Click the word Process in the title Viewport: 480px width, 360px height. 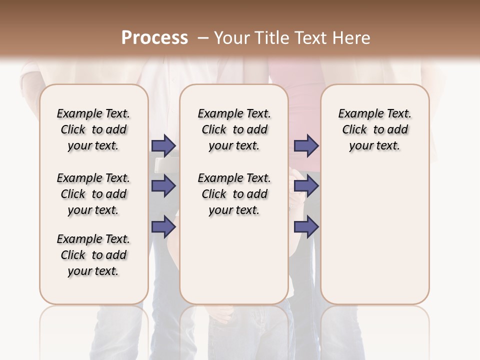tap(154, 38)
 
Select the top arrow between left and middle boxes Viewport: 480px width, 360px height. tap(163, 145)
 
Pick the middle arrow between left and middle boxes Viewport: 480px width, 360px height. tap(163, 186)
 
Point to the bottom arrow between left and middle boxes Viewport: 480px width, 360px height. tap(163, 226)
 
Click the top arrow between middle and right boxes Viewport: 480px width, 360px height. tap(306, 145)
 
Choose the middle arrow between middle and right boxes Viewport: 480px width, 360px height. tap(306, 186)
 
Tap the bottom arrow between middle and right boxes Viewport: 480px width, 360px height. tap(306, 226)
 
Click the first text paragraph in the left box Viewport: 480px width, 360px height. tap(93, 129)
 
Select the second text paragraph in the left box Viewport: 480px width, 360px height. tap(93, 194)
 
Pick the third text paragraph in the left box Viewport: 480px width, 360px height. tap(93, 255)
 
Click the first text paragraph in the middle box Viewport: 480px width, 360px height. tap(234, 129)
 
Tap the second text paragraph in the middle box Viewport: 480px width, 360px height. tap(234, 194)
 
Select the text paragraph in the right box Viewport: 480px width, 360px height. tap(375, 129)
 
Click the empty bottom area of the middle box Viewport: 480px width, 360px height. tap(234, 265)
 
